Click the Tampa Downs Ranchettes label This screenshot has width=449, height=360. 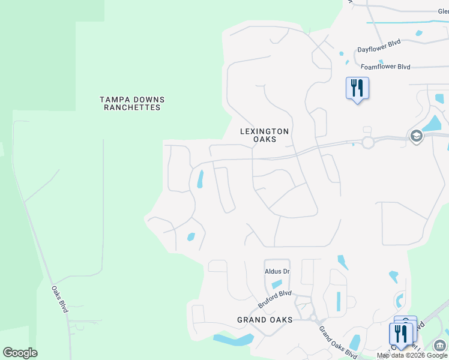[132, 104]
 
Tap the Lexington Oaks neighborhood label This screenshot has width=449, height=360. [265, 135]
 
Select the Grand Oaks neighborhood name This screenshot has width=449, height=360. [265, 320]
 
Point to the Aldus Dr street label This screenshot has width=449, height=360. [277, 272]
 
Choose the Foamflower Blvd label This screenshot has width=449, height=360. [385, 67]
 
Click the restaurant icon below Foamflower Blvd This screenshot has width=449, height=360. [357, 88]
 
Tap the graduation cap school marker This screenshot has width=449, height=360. [415, 137]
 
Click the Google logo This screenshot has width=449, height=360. [20, 353]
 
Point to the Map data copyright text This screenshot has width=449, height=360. [412, 355]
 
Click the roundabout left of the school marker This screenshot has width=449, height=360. [367, 142]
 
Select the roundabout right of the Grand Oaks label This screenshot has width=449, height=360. [312, 318]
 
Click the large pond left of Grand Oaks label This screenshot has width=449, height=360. [234, 340]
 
